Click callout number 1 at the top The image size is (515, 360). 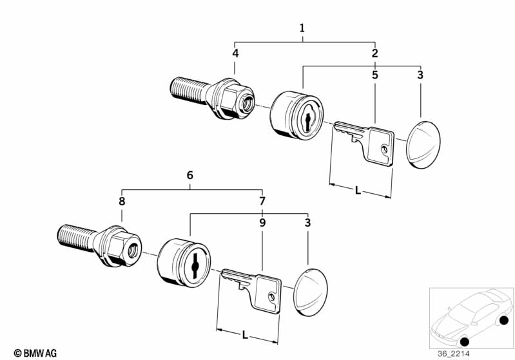[x=302, y=28]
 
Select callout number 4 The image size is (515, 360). [x=235, y=53]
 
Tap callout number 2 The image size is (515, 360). [x=374, y=53]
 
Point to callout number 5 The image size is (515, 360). [x=374, y=75]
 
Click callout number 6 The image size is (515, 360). [x=189, y=175]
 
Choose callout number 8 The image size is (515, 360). [x=122, y=202]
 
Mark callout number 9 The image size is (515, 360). [x=262, y=223]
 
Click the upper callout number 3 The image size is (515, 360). [x=420, y=75]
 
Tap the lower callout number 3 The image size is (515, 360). [x=307, y=223]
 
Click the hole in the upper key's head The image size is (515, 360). [x=385, y=149]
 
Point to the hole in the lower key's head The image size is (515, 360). [x=272, y=297]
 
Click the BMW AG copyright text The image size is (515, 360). [x=32, y=352]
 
